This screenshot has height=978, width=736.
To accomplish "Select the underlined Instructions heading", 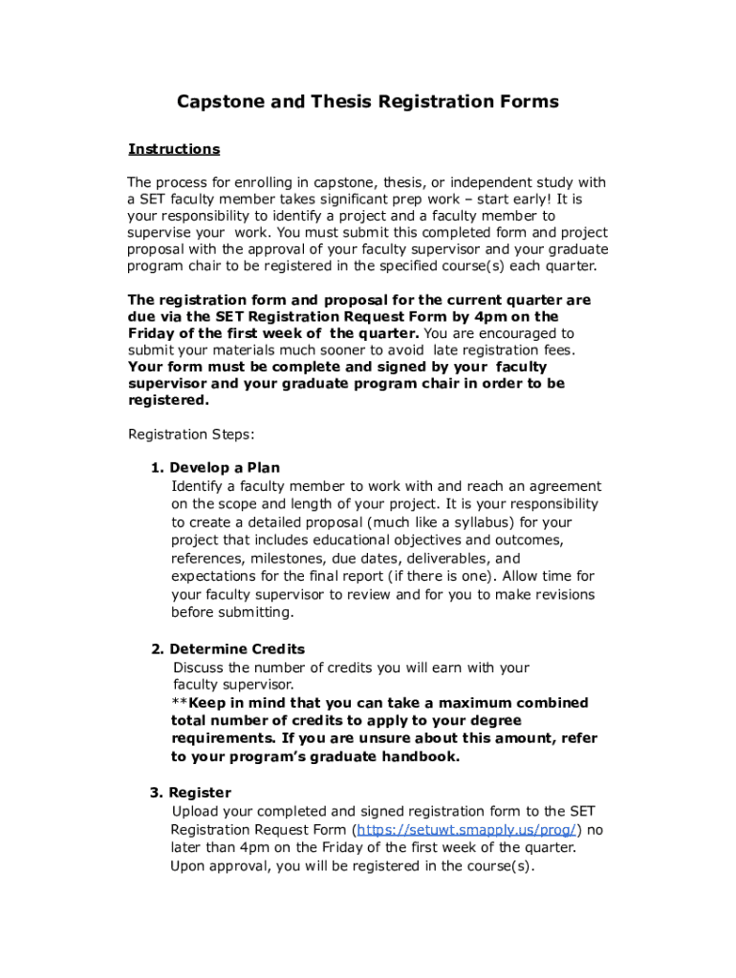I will (x=174, y=149).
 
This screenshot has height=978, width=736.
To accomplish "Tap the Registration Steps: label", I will (x=191, y=435).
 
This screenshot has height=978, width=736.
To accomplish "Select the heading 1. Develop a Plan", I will (x=215, y=468).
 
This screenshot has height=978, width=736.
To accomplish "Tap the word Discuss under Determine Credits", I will (x=199, y=668).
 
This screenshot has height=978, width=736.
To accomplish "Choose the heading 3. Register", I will (x=190, y=794).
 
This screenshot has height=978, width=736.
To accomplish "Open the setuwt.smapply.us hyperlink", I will (x=465, y=830).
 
